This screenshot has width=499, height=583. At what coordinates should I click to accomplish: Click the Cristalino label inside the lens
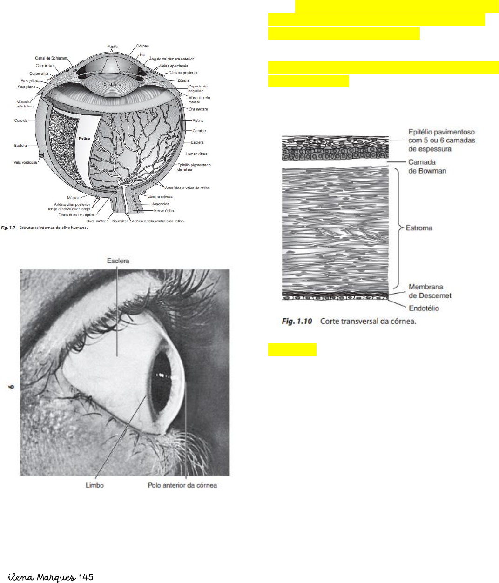tap(112, 85)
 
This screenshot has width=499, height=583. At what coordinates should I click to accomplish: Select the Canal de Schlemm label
tap(51, 58)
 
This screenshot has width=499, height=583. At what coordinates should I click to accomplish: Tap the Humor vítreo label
tap(196, 154)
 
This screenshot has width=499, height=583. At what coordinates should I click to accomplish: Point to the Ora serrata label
tap(198, 109)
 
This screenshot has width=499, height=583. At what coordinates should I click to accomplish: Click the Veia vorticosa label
tap(25, 163)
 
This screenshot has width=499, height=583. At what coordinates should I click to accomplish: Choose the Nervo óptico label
tap(165, 211)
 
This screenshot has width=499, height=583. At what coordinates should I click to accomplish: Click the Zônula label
tap(183, 80)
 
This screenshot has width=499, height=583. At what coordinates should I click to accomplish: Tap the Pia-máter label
tap(120, 221)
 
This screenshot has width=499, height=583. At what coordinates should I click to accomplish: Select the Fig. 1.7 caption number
tap(8, 228)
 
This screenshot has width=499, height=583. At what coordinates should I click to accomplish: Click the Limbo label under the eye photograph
tap(94, 485)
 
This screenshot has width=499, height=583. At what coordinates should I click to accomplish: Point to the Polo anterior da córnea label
tap(182, 485)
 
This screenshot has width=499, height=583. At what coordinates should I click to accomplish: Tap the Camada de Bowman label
tap(427, 167)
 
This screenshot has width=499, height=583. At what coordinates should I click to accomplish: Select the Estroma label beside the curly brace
tap(419, 228)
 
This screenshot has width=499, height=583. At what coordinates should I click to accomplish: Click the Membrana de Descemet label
tap(430, 291)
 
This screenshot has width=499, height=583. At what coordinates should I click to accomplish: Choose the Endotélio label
tap(424, 308)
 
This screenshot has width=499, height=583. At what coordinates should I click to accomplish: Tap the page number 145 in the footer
tap(86, 577)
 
